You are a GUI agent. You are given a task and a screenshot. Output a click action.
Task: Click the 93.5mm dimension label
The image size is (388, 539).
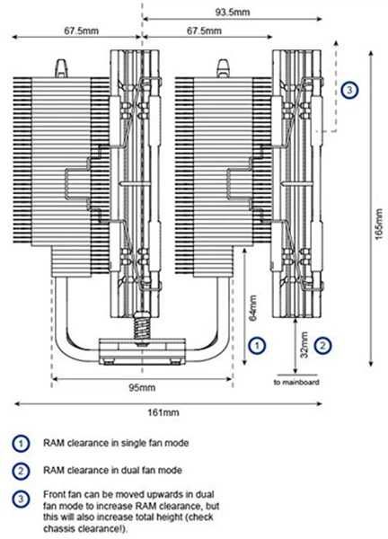tap(233, 13)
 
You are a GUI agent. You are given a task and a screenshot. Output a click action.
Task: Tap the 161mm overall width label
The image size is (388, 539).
tap(163, 411)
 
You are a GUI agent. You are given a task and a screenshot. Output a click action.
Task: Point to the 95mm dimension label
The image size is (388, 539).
tap(142, 388)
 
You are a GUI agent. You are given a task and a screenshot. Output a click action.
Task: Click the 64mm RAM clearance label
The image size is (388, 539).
tap(253, 307)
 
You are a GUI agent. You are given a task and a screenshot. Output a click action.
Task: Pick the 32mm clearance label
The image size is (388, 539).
tap(304, 345)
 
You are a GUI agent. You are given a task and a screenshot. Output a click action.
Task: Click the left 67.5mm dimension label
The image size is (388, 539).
tap(82, 31)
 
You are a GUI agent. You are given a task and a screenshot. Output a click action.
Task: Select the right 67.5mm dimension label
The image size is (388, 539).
tap(204, 31)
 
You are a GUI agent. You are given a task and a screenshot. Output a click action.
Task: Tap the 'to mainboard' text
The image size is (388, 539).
tap(296, 382)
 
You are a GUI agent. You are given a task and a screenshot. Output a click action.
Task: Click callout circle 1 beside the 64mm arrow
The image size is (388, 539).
tap(257, 345)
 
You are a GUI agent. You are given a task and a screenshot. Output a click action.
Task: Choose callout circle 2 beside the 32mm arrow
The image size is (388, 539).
tap(322, 345)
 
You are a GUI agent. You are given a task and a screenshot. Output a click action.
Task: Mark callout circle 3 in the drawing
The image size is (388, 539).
tap(349, 90)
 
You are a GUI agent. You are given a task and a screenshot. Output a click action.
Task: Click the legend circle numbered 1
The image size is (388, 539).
tap(21, 444)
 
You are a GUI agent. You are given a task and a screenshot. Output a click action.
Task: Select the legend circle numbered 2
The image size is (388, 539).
tap(21, 471)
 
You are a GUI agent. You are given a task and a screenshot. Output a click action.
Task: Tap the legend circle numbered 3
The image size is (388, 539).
tap(21, 499)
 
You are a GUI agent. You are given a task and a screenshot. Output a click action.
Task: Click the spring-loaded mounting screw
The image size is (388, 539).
tap(142, 327)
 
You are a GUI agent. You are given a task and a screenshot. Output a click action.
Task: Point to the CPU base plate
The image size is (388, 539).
tap(142, 351)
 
